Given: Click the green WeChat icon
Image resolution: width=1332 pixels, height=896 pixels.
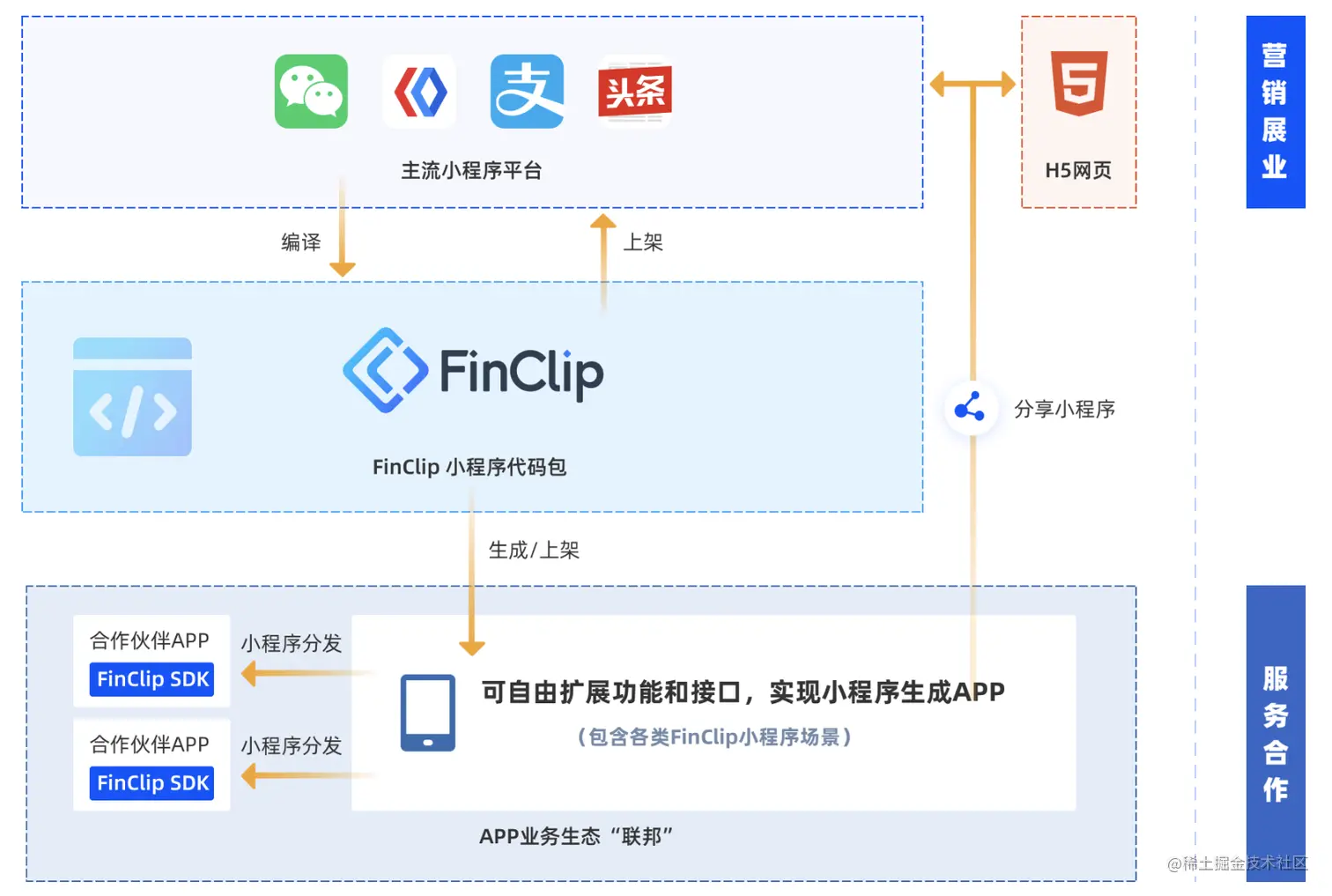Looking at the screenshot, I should click(311, 92).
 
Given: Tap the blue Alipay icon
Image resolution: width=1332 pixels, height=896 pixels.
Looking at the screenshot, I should click(527, 92).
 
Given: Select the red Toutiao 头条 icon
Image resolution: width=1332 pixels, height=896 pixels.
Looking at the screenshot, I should click(635, 92).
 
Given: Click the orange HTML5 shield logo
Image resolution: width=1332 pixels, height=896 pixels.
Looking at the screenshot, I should click(1079, 83).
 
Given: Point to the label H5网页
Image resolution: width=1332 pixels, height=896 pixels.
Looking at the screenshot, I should click(1078, 170).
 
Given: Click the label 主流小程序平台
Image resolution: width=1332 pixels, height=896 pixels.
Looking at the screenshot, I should click(471, 170).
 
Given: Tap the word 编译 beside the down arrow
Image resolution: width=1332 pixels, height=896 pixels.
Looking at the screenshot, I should click(301, 242).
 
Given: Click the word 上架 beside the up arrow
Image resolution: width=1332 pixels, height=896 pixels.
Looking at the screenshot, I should click(643, 242).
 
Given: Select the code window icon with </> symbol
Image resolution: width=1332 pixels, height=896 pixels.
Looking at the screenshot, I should click(132, 396).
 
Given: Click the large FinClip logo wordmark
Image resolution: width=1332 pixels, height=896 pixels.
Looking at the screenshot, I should click(473, 371).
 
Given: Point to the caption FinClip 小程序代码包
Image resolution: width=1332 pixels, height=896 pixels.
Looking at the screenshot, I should click(469, 467).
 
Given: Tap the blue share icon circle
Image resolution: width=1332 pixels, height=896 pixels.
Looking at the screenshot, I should click(970, 408).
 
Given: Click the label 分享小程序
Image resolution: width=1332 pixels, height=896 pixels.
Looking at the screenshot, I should click(1064, 409).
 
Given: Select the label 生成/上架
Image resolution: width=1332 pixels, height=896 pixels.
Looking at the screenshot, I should click(534, 551).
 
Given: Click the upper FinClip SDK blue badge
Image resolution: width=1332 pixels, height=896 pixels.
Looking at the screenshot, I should click(152, 679).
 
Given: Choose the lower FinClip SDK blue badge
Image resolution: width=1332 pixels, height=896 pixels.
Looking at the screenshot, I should click(152, 783).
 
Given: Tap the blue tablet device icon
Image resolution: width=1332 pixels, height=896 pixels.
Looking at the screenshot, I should click(428, 713).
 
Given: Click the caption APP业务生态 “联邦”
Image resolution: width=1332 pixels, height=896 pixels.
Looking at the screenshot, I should click(576, 836).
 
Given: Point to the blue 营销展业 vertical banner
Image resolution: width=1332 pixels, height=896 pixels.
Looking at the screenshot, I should click(1275, 112).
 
